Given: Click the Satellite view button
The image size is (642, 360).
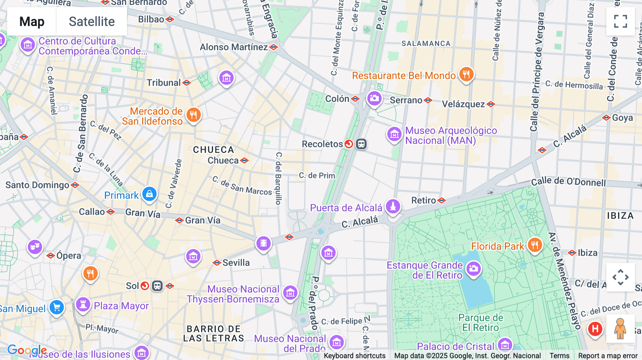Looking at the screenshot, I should tap(92, 21).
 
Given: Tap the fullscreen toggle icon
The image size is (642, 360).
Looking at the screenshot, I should tap(620, 21).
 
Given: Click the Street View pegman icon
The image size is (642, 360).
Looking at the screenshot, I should tap(620, 329).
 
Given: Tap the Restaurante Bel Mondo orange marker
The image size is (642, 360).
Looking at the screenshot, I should tap(466, 74).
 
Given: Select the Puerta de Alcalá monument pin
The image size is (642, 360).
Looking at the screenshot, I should tap(393, 206).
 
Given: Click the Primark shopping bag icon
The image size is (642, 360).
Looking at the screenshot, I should tap(149, 194).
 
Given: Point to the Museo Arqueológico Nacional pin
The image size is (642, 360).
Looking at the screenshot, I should tap(394, 134).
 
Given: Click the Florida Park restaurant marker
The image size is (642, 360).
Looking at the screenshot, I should tap(534, 245).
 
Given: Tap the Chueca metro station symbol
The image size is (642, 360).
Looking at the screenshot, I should tap(244, 160).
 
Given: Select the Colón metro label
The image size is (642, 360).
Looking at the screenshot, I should tap(337, 99).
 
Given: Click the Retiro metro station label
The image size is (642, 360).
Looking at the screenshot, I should tap(424, 200).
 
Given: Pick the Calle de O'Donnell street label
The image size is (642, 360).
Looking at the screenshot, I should tap(568, 182).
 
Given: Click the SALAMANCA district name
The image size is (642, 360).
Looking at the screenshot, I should tap(426, 43).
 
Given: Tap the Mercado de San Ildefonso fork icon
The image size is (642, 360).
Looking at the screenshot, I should tap(193, 115).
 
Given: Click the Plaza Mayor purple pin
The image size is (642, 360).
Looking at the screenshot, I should tap(83, 305).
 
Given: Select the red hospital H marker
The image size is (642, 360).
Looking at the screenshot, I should tap(595, 329).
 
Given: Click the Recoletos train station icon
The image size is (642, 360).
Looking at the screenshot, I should tap(361, 144).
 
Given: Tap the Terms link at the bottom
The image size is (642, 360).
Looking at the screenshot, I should tap(559, 355).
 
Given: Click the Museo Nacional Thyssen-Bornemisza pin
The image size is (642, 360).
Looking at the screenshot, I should tap(290, 293).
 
